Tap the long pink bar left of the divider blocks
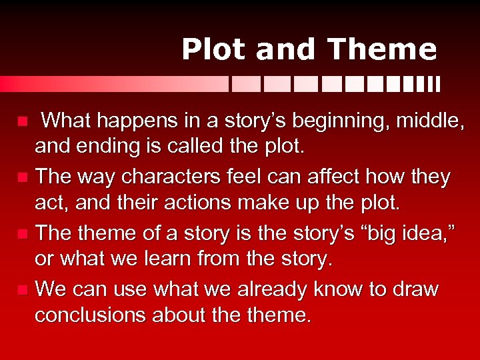(x=113, y=84)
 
